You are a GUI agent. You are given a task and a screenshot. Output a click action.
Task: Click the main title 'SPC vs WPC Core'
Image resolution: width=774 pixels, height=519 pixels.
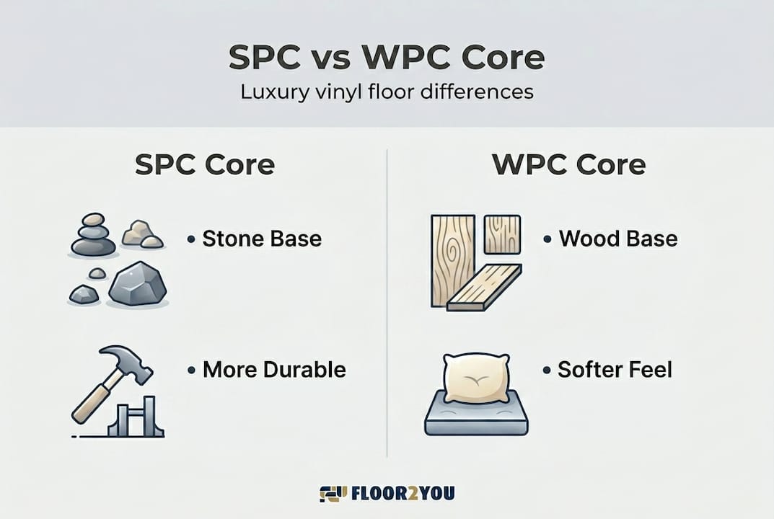tap(387, 57)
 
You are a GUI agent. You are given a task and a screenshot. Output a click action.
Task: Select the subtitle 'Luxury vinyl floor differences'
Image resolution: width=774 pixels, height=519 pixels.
tap(387, 92)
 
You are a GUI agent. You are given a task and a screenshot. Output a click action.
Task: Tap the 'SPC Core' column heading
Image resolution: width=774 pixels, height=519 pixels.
tap(205, 164)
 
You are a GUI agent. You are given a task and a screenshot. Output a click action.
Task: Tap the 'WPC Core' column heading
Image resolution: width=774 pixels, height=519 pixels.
tap(569, 164)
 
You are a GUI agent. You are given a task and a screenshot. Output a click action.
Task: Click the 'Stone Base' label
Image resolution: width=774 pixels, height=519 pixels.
tap(262, 239)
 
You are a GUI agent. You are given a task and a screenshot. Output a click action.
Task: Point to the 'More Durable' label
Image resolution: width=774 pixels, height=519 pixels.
tap(274, 370)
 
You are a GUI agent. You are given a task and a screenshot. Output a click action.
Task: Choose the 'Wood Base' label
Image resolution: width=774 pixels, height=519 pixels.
tap(618, 239)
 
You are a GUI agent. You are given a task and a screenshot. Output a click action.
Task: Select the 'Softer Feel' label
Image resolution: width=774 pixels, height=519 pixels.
tap(615, 370)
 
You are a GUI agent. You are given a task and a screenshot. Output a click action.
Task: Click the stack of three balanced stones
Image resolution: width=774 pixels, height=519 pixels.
tap(93, 235)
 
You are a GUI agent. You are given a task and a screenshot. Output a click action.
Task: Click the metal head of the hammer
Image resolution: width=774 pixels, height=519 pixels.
tap(126, 361)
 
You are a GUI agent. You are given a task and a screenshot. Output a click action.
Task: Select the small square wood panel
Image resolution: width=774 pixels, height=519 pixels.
tap(502, 234)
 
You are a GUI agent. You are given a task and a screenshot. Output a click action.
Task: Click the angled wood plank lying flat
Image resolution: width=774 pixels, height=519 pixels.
tap(484, 288)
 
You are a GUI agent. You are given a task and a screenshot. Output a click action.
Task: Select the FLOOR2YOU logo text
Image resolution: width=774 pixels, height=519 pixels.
tap(403, 493)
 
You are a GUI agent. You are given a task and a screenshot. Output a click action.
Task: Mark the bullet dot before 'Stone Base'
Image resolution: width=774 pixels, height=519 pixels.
tap(191, 240)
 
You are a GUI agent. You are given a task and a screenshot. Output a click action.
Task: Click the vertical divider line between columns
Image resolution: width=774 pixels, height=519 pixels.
tap(387, 303)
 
